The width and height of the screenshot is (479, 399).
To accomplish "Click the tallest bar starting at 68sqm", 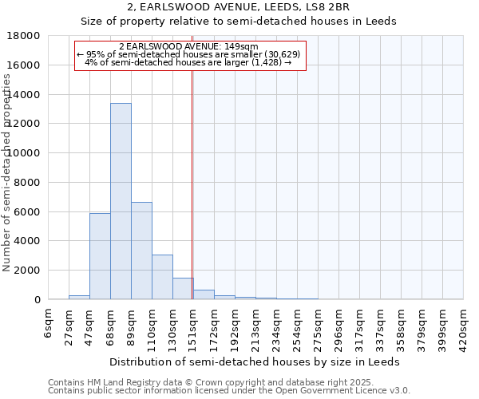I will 121,201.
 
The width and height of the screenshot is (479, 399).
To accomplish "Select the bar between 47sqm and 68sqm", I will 100,256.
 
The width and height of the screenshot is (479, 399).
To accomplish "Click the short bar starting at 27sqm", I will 79,297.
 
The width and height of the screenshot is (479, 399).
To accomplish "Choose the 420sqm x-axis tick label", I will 464,322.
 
